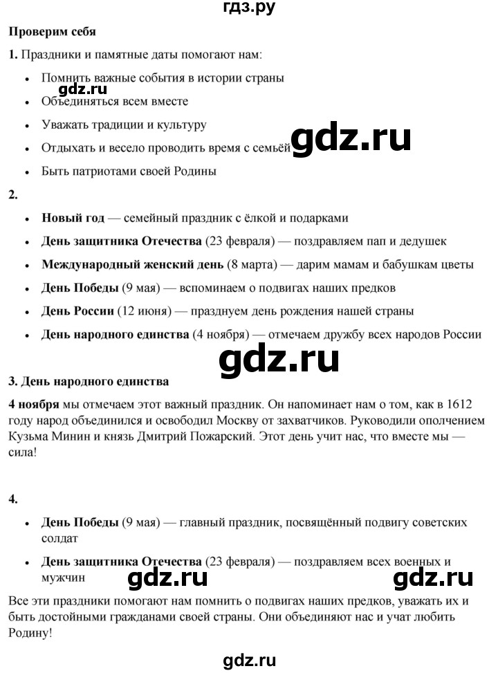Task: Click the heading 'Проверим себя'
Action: coord(51,31)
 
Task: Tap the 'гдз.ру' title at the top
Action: coord(248,9)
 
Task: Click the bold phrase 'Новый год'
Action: coord(73,218)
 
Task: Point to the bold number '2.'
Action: coord(12,194)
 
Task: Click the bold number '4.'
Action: coord(12,499)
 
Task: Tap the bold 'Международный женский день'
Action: coord(132,264)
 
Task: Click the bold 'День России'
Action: coord(77,311)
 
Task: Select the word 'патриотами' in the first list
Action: coord(97,171)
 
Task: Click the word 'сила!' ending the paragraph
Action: coord(21,456)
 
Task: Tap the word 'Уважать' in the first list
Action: coord(63,125)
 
